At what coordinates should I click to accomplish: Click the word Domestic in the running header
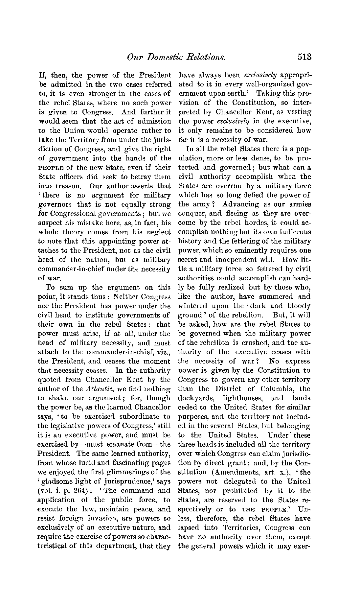coord(166,57)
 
